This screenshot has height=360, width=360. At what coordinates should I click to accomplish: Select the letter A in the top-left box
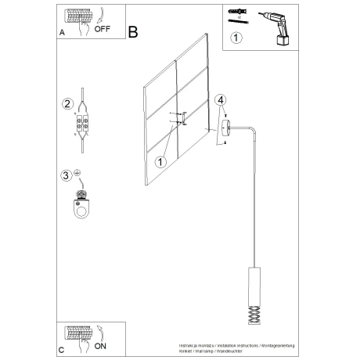coord(62,34)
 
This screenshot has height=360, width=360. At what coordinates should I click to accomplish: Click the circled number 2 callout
coord(67,103)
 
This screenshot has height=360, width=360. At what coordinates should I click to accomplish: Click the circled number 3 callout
coord(67,175)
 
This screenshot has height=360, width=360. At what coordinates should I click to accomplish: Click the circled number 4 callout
coord(221,99)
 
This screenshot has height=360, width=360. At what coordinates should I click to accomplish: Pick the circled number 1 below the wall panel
coord(160,162)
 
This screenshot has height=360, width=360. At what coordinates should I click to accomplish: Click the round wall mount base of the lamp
coord(225,128)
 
